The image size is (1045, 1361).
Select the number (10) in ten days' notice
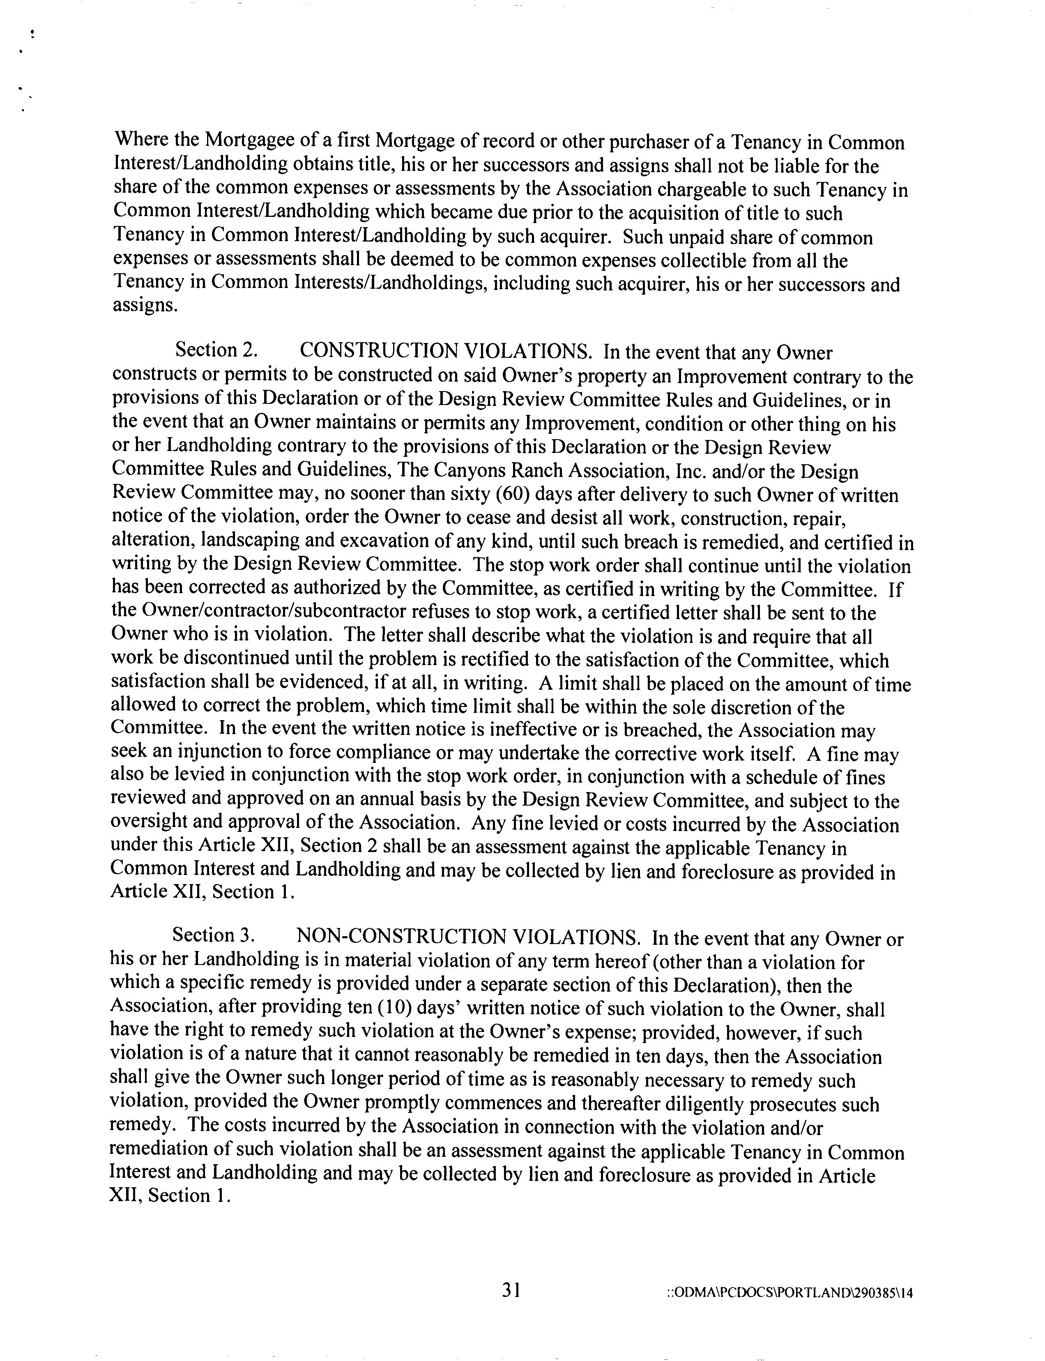click(x=389, y=1008)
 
